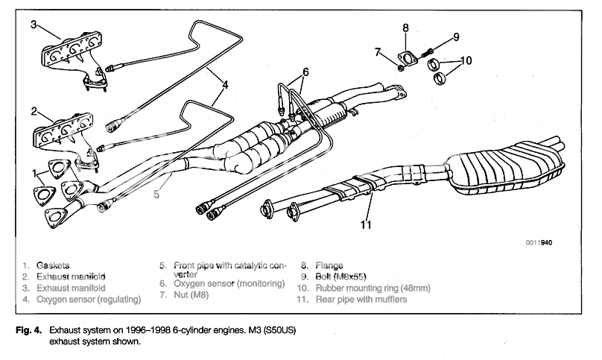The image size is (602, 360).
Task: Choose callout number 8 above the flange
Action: pyautogui.click(x=405, y=28)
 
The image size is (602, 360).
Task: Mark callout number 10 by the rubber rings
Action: pyautogui.click(x=466, y=60)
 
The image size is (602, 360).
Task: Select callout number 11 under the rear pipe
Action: pyautogui.click(x=367, y=223)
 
